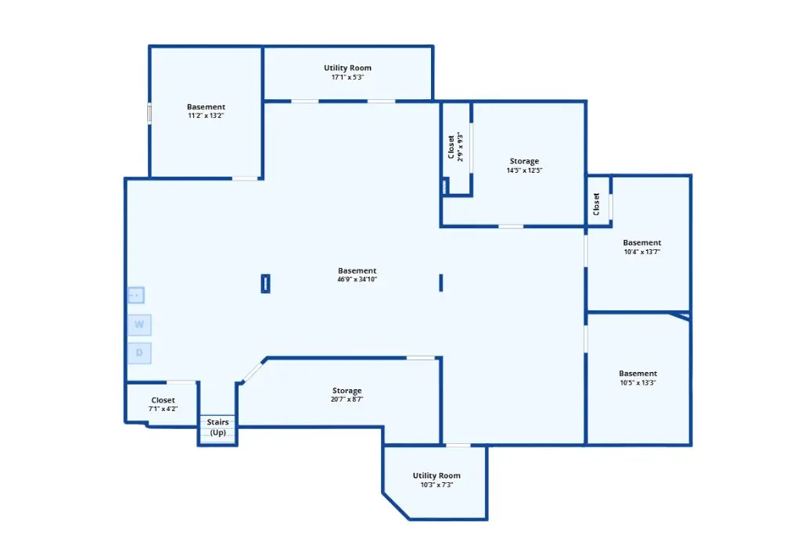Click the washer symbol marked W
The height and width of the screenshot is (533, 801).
click(x=139, y=324)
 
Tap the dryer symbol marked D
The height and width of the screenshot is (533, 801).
click(x=139, y=352)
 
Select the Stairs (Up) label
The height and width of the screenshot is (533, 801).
click(x=217, y=427)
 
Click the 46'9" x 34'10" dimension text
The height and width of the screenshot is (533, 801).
click(x=357, y=279)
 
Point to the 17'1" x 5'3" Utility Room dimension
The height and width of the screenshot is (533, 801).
click(x=347, y=77)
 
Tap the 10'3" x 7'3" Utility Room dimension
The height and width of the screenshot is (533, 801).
click(x=436, y=485)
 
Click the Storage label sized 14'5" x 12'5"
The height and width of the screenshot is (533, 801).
click(x=524, y=161)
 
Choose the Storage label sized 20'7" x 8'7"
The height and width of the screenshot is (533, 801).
click(x=347, y=391)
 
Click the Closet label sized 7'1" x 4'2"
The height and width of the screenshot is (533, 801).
click(x=163, y=400)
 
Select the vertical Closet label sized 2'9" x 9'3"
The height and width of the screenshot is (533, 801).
click(x=451, y=147)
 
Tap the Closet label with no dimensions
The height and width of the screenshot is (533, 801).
click(x=596, y=204)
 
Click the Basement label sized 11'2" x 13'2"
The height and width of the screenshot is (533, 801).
click(x=206, y=107)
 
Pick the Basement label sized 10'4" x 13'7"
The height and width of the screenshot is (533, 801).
click(x=642, y=242)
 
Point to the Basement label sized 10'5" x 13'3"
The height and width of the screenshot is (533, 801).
click(x=638, y=374)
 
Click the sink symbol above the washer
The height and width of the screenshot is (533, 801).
click(x=136, y=295)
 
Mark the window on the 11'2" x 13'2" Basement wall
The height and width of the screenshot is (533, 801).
click(x=149, y=113)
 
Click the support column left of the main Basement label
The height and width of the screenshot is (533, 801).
click(x=266, y=284)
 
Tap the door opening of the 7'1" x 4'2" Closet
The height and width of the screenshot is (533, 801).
click(x=181, y=382)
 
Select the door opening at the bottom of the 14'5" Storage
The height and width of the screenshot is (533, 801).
click(x=511, y=226)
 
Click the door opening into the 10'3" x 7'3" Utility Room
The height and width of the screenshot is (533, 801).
click(x=458, y=445)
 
